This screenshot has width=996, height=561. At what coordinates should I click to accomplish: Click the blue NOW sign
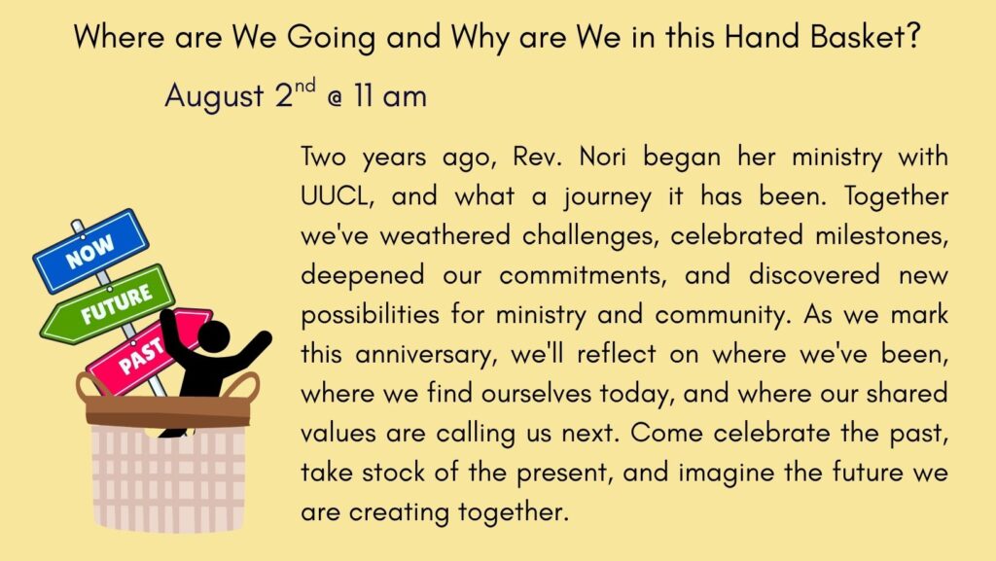[90, 251]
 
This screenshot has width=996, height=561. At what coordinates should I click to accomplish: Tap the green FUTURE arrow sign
[108, 304]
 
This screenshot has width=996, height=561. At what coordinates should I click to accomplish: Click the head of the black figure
[213, 335]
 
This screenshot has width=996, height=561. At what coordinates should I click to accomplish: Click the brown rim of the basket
[168, 410]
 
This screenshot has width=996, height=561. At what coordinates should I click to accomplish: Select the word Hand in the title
[762, 36]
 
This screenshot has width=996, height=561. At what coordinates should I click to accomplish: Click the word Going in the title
[331, 38]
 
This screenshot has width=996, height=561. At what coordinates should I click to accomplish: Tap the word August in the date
[214, 96]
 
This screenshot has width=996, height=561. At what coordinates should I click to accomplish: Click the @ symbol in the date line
[335, 98]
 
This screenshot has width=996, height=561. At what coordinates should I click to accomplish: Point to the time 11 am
[390, 96]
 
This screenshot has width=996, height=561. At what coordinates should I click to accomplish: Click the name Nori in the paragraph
[602, 157]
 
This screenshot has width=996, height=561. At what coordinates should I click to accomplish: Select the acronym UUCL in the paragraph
[336, 196]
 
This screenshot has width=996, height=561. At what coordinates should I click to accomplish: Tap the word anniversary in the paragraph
[425, 355]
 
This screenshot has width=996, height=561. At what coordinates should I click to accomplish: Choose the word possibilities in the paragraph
[370, 315]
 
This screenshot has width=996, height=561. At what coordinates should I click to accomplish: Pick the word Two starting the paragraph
[323, 157]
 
